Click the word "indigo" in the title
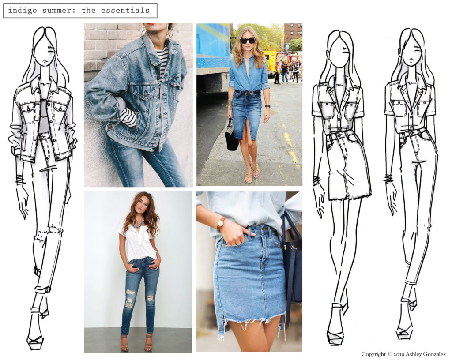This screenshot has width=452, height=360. pyautogui.click(x=23, y=11)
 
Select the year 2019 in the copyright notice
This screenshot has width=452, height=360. pyautogui.click(x=399, y=354)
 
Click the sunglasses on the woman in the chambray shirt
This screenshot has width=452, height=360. pyautogui.click(x=247, y=40)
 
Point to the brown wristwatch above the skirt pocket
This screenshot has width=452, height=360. pyautogui.click(x=221, y=224)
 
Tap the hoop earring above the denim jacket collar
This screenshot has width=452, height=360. pyautogui.click(x=170, y=31)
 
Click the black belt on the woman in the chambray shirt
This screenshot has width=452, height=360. pyautogui.click(x=247, y=92)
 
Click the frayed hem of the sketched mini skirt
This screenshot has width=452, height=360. pyautogui.click(x=350, y=196)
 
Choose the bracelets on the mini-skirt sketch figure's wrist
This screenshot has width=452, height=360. pyautogui.click(x=316, y=180)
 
